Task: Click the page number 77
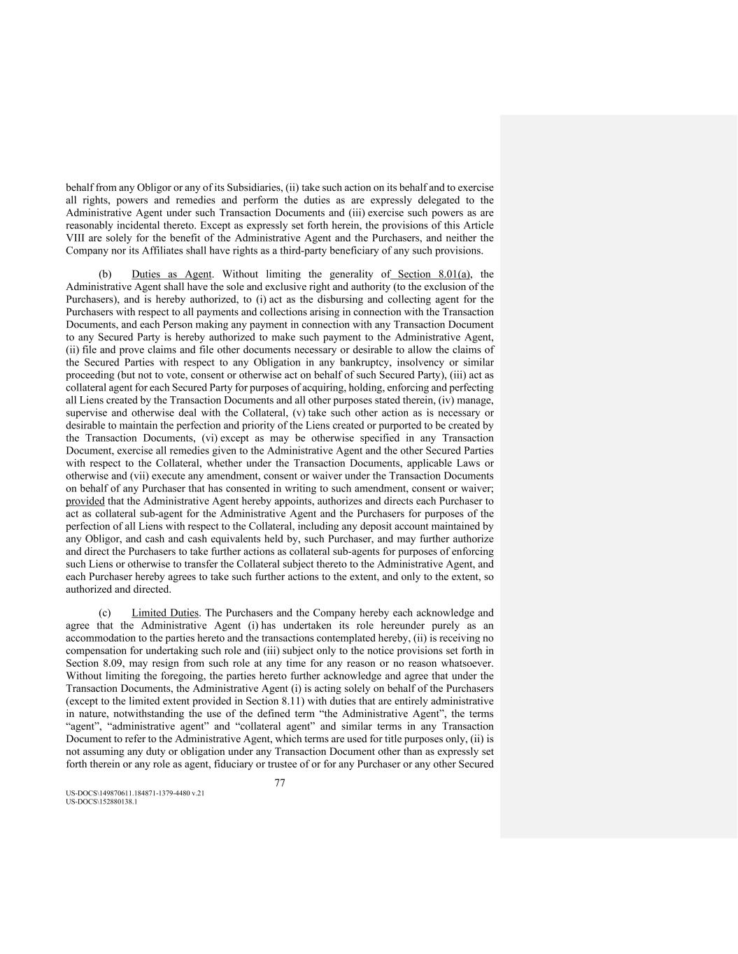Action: pyautogui.click(x=280, y=783)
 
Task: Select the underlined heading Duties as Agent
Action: pyautogui.click(x=171, y=275)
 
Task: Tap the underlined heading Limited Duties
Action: pyautogui.click(x=165, y=613)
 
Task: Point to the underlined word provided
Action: pyautogui.click(x=85, y=501)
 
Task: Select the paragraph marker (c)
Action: pyautogui.click(x=105, y=613)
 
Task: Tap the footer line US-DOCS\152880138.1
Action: pyautogui.click(x=101, y=802)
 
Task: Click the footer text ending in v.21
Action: pyautogui.click(x=135, y=794)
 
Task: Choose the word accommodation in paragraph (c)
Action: pyautogui.click(x=99, y=638)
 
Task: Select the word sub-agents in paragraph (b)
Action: pyautogui.click(x=339, y=551)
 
